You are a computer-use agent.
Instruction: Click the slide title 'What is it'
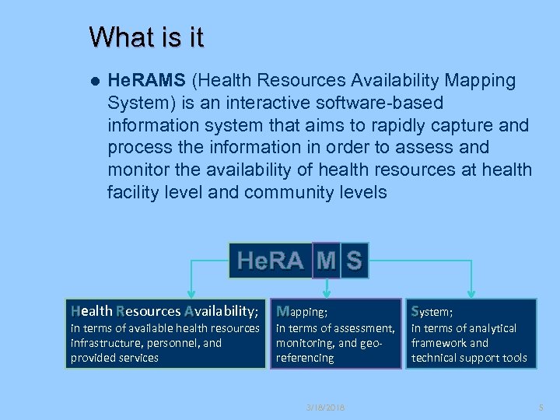pyautogui.click(x=146, y=37)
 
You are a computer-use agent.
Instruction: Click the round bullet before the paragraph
pyautogui.click(x=94, y=81)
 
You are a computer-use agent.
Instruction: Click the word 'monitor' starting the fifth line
pyautogui.click(x=140, y=170)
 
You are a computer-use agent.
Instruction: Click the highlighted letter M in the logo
pyautogui.click(x=326, y=260)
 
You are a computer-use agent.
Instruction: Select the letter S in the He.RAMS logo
pyautogui.click(x=354, y=260)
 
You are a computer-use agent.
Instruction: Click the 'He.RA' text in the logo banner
pyautogui.click(x=270, y=261)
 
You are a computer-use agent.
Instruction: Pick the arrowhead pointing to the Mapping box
pyautogui.click(x=327, y=293)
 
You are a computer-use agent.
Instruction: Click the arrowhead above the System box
pyautogui.click(x=470, y=293)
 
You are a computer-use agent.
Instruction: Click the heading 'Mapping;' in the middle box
pyautogui.click(x=303, y=312)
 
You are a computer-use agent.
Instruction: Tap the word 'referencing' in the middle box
pyautogui.click(x=305, y=358)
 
